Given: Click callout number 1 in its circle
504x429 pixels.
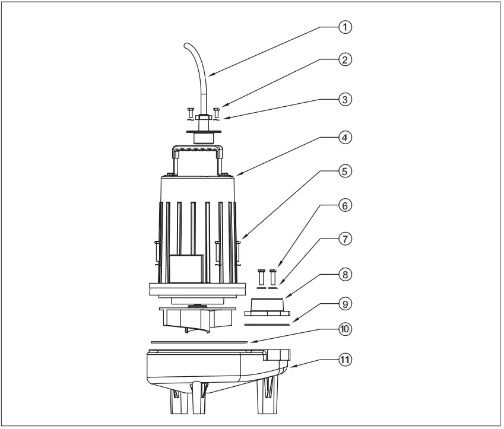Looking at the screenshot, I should [345, 27].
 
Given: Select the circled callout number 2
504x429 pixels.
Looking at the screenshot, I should [345, 59].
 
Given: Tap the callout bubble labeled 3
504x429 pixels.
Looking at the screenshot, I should [345, 99].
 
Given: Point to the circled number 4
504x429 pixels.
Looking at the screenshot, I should [345, 137].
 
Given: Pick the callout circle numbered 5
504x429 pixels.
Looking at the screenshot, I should [345, 171].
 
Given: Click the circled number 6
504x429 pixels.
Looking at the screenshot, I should [345, 205].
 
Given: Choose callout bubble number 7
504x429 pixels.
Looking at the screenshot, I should [345, 239].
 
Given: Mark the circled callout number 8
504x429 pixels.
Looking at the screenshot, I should [345, 275].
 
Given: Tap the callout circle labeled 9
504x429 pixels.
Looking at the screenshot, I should [345, 304].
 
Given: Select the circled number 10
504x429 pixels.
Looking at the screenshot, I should [345, 329].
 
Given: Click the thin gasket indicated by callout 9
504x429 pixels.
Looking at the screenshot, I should [267, 325].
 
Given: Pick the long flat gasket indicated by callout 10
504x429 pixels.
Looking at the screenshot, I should [199, 342].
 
